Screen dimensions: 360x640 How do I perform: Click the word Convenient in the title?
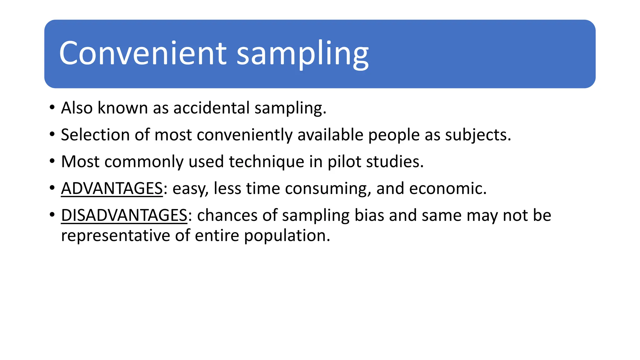(143, 53)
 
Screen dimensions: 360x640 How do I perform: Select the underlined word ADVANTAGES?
(112, 188)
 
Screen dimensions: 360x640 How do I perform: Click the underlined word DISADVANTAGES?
(124, 215)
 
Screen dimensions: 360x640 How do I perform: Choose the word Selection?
(95, 135)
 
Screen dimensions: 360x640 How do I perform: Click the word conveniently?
(245, 135)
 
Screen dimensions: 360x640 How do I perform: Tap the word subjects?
(478, 135)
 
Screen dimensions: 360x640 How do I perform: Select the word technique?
(267, 162)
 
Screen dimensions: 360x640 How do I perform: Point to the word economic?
(447, 188)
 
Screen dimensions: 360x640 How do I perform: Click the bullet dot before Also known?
(52, 107)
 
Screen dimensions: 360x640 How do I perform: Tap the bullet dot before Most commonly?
(52, 161)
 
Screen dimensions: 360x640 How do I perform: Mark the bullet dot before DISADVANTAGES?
(52, 215)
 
